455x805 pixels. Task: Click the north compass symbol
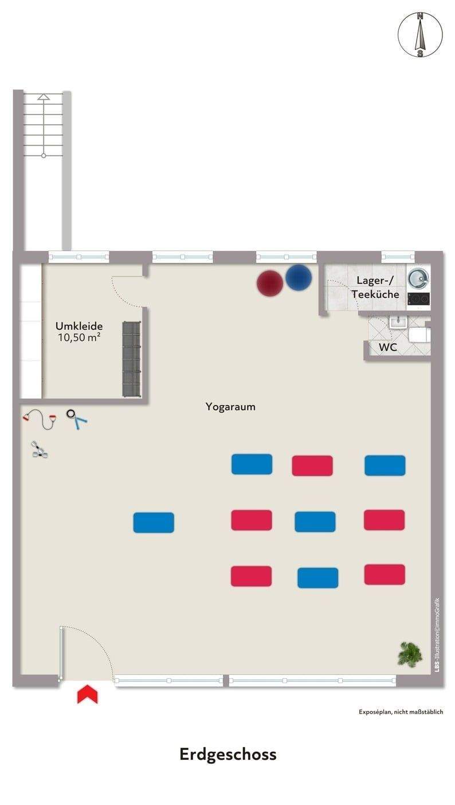pyautogui.click(x=420, y=35)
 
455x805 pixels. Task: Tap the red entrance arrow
pyautogui.click(x=87, y=694)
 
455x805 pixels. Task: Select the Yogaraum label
pyautogui.click(x=230, y=407)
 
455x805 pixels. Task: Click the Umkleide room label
pyautogui.click(x=79, y=326)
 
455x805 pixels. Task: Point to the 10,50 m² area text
pyautogui.click(x=79, y=337)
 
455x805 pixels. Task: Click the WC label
pyautogui.click(x=387, y=347)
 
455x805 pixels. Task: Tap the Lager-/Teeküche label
pyautogui.click(x=375, y=287)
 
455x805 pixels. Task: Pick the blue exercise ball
pyautogui.click(x=299, y=277)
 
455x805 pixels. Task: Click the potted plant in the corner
pyautogui.click(x=410, y=653)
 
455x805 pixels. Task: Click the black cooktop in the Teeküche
pyautogui.click(x=418, y=299)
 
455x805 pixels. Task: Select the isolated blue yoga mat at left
pyautogui.click(x=154, y=523)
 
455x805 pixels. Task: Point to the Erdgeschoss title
pyautogui.click(x=227, y=754)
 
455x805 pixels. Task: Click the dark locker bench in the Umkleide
pyautogui.click(x=131, y=359)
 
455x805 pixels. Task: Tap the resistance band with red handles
pyautogui.click(x=41, y=419)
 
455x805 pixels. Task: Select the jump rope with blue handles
pyautogui.click(x=76, y=419)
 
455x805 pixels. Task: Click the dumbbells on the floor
pyautogui.click(x=39, y=450)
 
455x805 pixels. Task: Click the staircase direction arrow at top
pyautogui.click(x=44, y=98)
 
